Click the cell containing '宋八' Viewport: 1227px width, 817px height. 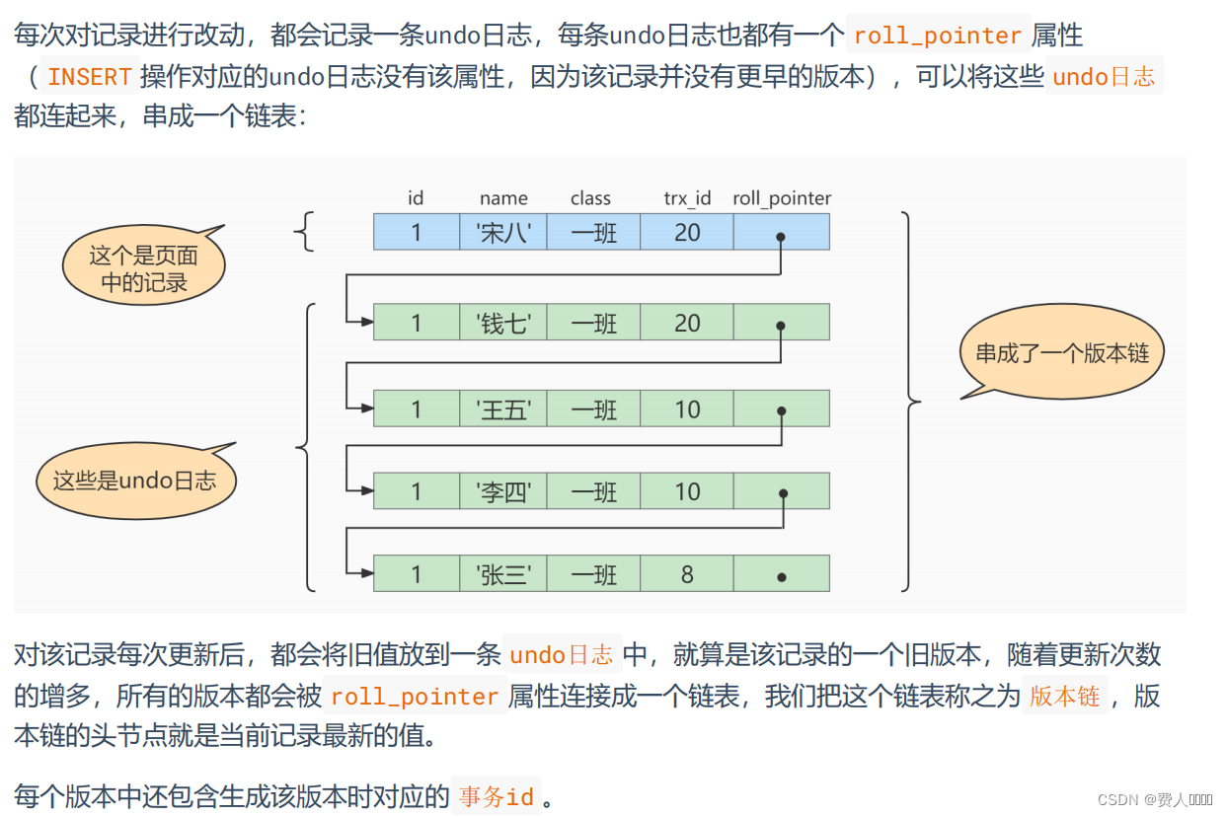[503, 232]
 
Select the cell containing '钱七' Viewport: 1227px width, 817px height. [503, 323]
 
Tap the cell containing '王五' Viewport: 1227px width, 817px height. [503, 408]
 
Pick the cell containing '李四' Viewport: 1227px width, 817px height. [503, 491]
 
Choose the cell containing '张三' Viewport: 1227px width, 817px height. [503, 574]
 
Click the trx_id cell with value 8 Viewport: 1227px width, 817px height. [687, 574]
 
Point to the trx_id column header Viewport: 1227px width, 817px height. [687, 198]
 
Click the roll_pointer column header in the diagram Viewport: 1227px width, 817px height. [782, 198]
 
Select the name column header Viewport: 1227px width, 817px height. [503, 198]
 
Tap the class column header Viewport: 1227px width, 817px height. [590, 198]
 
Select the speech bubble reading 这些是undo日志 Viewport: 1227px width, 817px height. [134, 482]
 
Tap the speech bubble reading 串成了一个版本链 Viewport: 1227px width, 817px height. [1062, 353]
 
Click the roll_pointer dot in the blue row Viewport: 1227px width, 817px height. [781, 237]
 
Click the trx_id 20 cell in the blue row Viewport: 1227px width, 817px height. [687, 232]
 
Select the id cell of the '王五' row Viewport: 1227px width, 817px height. [417, 408]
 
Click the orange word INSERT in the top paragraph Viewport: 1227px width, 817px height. [90, 76]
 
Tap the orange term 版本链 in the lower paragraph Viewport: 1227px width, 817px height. [1064, 696]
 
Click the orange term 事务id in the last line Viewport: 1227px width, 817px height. [497, 796]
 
